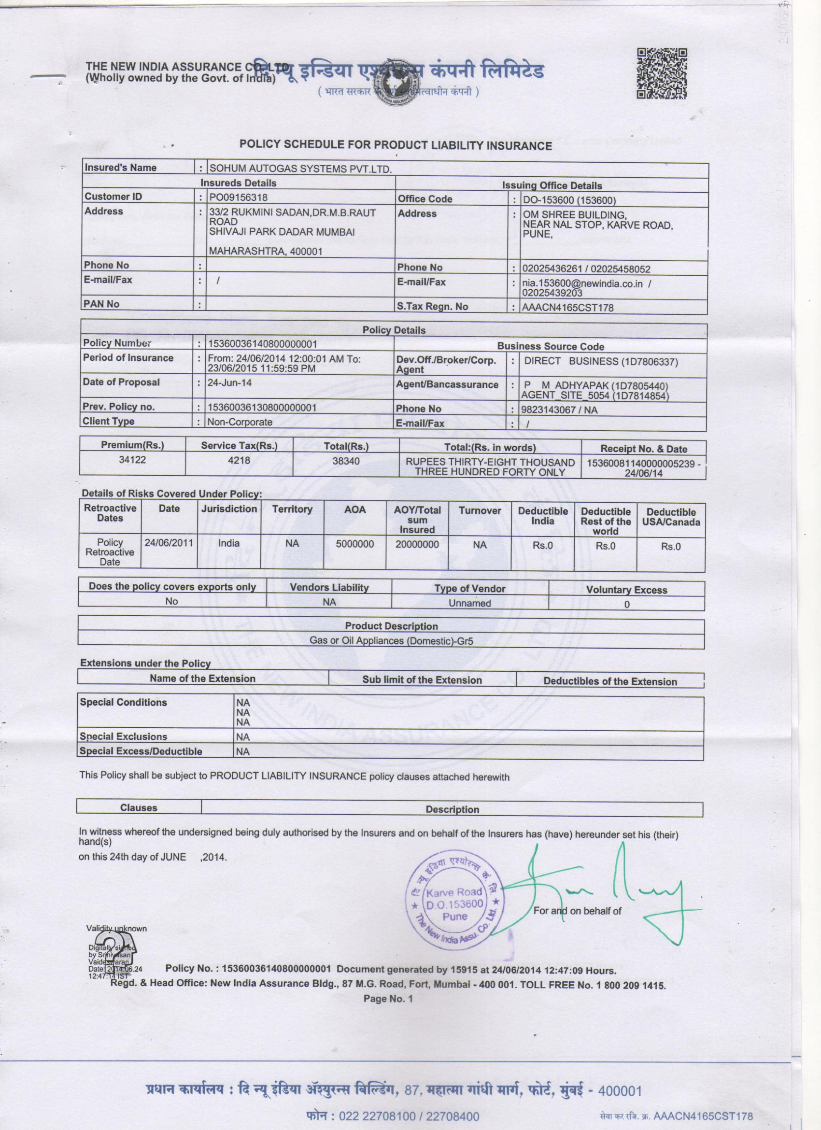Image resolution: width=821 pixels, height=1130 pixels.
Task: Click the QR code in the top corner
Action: pyautogui.click(x=662, y=74)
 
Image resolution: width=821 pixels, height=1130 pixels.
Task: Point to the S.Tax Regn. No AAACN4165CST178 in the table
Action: pyautogui.click(x=567, y=308)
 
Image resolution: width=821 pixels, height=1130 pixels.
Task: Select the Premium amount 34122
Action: pyautogui.click(x=132, y=459)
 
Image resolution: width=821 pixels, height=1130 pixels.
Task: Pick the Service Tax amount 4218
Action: pyautogui.click(x=239, y=460)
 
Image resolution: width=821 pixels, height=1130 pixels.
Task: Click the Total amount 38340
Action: pyautogui.click(x=346, y=461)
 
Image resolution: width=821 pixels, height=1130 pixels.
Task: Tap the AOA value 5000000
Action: pyautogui.click(x=354, y=544)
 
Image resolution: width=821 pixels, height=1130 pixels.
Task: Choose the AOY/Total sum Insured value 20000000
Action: pyautogui.click(x=417, y=545)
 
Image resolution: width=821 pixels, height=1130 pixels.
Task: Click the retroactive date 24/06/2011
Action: pyautogui.click(x=169, y=543)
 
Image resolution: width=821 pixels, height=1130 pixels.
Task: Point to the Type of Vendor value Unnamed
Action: pyautogui.click(x=470, y=603)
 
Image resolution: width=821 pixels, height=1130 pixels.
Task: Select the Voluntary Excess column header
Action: pyautogui.click(x=626, y=590)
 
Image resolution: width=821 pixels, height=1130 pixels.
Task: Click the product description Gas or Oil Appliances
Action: pyautogui.click(x=391, y=641)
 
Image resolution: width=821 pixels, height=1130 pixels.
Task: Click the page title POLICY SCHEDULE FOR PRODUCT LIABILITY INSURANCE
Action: pyautogui.click(x=396, y=145)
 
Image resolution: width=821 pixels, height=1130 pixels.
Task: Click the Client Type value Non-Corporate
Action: pyautogui.click(x=240, y=422)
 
